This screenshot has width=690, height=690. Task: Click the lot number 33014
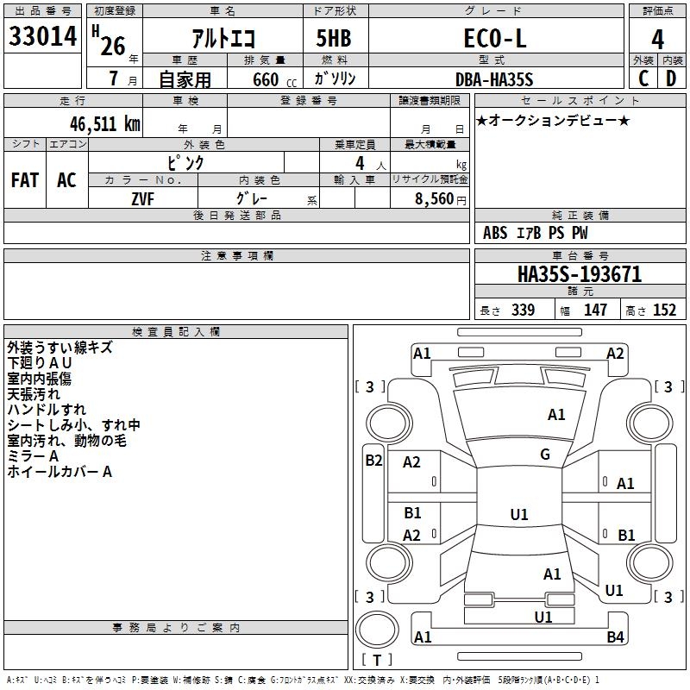pyautogui.click(x=42, y=36)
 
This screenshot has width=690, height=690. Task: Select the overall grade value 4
pyautogui.click(x=657, y=40)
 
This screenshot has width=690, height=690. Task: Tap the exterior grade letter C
pyautogui.click(x=643, y=78)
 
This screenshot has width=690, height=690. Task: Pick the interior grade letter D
pyautogui.click(x=671, y=78)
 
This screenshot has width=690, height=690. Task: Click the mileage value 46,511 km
pyautogui.click(x=104, y=124)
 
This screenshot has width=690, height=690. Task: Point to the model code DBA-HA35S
pyautogui.click(x=494, y=79)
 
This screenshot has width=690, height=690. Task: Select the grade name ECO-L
pyautogui.click(x=495, y=38)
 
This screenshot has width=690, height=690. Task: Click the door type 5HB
pyautogui.click(x=334, y=38)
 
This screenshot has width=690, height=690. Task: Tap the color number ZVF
pyautogui.click(x=142, y=199)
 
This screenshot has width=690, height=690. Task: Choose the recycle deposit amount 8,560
pyautogui.click(x=434, y=199)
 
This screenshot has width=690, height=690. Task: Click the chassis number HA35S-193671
pyautogui.click(x=580, y=274)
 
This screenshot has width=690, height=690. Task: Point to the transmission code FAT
pyautogui.click(x=25, y=180)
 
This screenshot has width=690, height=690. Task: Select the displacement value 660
pyautogui.click(x=266, y=79)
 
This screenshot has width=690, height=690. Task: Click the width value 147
pyautogui.click(x=595, y=310)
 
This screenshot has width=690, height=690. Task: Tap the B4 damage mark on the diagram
pyautogui.click(x=615, y=637)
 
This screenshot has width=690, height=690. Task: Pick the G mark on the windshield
pyautogui.click(x=545, y=455)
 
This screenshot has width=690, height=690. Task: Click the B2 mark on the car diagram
pyautogui.click(x=373, y=461)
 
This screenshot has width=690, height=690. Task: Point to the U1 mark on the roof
pyautogui.click(x=519, y=514)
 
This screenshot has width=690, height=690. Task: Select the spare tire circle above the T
pyautogui.click(x=377, y=630)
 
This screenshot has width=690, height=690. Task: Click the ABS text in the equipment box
pyautogui.click(x=495, y=233)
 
